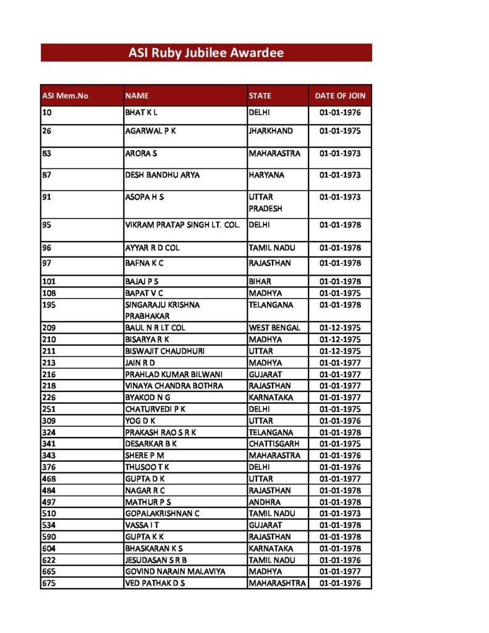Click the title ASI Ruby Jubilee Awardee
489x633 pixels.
(206, 53)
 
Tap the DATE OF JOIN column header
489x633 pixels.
(340, 96)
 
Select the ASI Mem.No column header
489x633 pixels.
(65, 96)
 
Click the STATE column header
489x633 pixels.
(260, 96)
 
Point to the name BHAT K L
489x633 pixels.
(142, 113)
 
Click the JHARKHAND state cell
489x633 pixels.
(271, 131)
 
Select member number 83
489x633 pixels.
(46, 153)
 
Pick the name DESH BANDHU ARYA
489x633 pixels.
(162, 175)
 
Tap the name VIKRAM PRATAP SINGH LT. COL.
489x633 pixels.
(182, 225)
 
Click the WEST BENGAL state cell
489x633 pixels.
(274, 328)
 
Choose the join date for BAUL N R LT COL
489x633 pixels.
(340, 328)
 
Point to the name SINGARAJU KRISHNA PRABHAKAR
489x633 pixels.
(162, 310)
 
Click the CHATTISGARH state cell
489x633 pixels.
(274, 444)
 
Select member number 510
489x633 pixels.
(49, 513)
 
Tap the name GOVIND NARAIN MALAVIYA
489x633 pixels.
(175, 571)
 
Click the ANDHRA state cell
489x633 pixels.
(265, 502)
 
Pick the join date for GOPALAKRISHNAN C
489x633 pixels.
(340, 513)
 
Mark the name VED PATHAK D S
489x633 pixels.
(155, 583)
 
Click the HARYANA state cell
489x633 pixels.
(266, 175)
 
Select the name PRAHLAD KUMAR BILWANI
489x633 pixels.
(174, 374)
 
